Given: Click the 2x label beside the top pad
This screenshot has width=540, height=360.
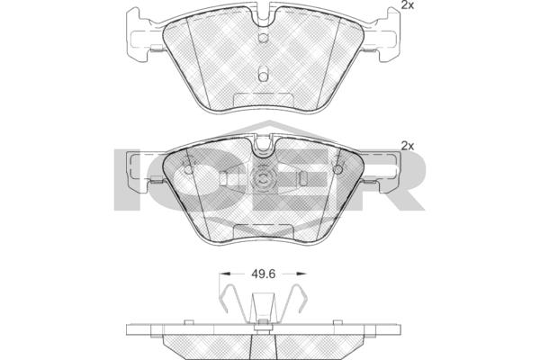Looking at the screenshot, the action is [407, 4].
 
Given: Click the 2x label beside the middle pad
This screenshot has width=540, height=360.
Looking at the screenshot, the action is [408, 146].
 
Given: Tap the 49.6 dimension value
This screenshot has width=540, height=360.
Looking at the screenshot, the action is [264, 274].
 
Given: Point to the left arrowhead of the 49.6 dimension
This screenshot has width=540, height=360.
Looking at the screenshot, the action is [224, 274].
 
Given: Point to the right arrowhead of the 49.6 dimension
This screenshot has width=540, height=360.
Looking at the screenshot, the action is [301, 274].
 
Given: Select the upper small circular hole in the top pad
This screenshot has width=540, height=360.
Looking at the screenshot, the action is [263, 38].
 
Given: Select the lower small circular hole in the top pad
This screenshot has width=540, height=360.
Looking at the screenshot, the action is [263, 76].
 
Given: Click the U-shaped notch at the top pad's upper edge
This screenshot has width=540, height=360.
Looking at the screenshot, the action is [264, 13].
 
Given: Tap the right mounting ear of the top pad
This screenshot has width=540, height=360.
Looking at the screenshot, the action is [383, 35].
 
